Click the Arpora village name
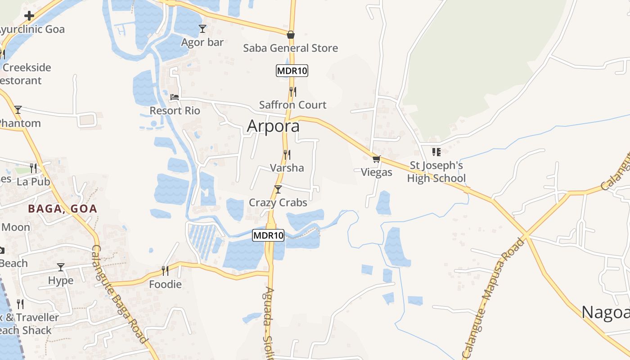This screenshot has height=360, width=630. pyautogui.click(x=273, y=126)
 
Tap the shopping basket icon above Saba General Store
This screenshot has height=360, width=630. pyautogui.click(x=291, y=35)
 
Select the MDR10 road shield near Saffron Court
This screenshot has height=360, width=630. pyautogui.click(x=292, y=71)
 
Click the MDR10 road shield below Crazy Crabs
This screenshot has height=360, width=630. pyautogui.click(x=268, y=235)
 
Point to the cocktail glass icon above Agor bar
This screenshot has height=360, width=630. pyautogui.click(x=202, y=29)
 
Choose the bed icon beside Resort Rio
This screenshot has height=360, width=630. pyautogui.click(x=174, y=97)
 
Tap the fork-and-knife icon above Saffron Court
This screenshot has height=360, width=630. pyautogui.click(x=292, y=91)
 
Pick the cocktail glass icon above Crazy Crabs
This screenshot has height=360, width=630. pyautogui.click(x=278, y=189)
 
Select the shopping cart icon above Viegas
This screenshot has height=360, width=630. pyautogui.click(x=376, y=159)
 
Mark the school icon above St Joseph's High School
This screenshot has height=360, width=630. pyautogui.click(x=436, y=152)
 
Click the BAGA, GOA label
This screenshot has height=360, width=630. pyautogui.click(x=63, y=209)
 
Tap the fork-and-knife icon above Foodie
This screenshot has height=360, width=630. pyautogui.click(x=165, y=270)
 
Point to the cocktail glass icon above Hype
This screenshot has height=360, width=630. pyautogui.click(x=61, y=267)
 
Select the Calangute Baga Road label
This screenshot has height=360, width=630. pyautogui.click(x=119, y=293)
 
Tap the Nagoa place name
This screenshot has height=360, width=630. pyautogui.click(x=605, y=312)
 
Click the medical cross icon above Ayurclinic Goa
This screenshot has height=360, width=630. pyautogui.click(x=29, y=16)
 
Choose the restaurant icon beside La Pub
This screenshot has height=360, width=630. pyautogui.click(x=33, y=168)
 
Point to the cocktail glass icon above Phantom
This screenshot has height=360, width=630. pyautogui.click(x=18, y=109)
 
